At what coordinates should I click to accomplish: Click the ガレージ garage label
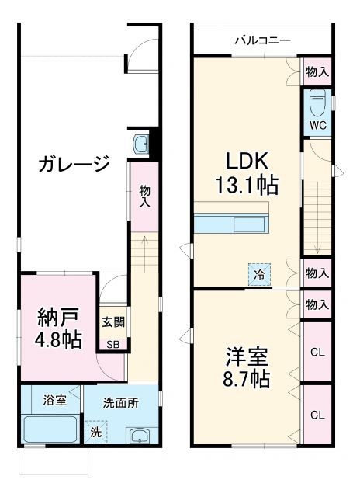pyautogui.click(x=72, y=165)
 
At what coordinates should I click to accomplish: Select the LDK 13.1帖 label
pyautogui.click(x=247, y=173)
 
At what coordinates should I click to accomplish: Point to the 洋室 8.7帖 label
pyautogui.click(x=247, y=367)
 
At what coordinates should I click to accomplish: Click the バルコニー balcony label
pyautogui.click(x=262, y=40)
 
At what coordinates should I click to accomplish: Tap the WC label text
pyautogui.click(x=317, y=124)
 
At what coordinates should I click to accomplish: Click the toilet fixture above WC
pyautogui.click(x=316, y=99)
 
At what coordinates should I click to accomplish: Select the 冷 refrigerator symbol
pyautogui.click(x=260, y=273)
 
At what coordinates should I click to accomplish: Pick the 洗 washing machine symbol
pyautogui.click(x=96, y=432)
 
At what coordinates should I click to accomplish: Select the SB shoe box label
pyautogui.click(x=112, y=345)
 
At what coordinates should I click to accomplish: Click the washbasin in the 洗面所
pyautogui.click(x=139, y=436)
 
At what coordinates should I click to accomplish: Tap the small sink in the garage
pyautogui.click(x=141, y=144)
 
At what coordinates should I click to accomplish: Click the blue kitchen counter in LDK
pyautogui.click(x=232, y=224)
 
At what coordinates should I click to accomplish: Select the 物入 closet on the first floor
pyautogui.click(x=144, y=195)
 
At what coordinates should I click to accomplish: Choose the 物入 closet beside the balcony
pyautogui.click(x=317, y=71)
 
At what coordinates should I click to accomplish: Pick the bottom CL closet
pyautogui.click(x=317, y=415)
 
